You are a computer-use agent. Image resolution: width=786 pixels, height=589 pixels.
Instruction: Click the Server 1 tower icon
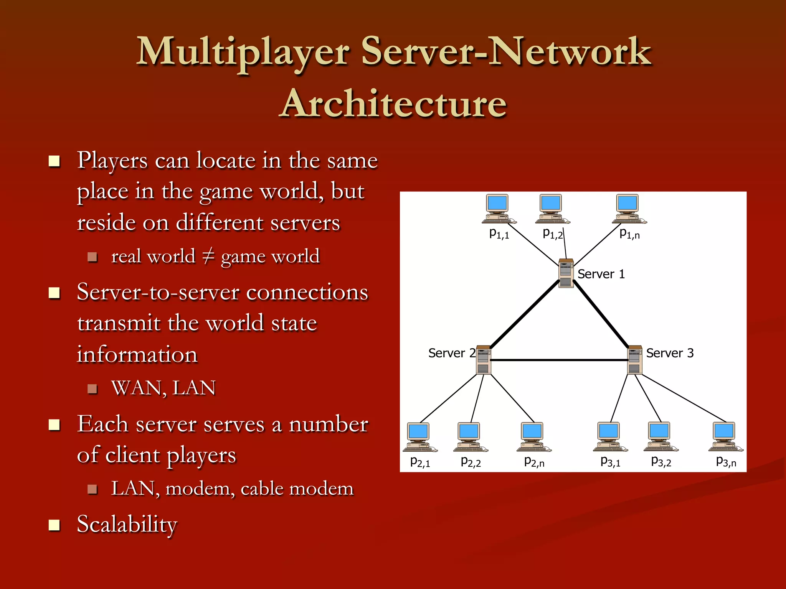566,273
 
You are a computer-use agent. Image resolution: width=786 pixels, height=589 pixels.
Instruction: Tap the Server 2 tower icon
483,360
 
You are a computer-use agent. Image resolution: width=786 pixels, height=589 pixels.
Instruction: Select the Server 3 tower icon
634,360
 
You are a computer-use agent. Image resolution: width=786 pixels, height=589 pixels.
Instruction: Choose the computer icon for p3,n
725,437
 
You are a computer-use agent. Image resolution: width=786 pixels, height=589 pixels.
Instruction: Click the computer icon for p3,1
609,437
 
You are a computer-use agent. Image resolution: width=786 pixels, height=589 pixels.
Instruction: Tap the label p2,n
534,462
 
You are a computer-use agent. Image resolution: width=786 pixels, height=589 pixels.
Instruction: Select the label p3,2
661,461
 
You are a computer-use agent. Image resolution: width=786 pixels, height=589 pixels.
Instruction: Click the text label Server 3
670,353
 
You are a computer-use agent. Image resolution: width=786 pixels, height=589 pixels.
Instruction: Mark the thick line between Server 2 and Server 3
559,360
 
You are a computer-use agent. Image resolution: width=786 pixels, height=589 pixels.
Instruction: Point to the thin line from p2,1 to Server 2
449,398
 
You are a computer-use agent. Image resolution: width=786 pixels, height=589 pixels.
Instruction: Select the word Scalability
127,524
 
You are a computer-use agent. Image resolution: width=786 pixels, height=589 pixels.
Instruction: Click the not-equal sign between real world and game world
208,256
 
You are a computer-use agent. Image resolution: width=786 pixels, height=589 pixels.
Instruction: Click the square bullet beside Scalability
54,525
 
